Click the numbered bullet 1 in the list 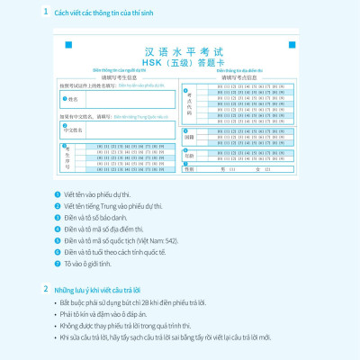[x=58, y=193]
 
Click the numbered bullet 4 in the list [x=58, y=228]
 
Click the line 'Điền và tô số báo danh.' [x=103, y=217]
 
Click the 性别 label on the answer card [x=189, y=168]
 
